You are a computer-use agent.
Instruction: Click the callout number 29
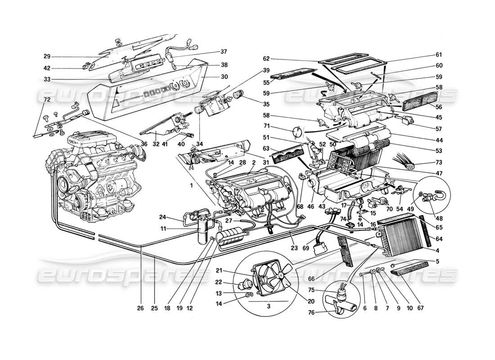(x=46, y=57)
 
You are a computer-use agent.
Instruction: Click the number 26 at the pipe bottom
(x=141, y=308)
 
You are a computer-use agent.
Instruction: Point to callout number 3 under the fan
(x=269, y=306)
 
